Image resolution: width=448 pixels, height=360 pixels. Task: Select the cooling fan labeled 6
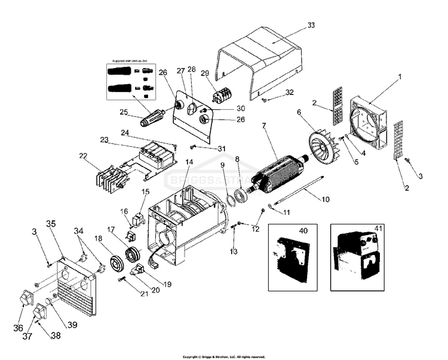point(323,147)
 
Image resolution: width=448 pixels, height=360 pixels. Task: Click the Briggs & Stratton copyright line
point(223,356)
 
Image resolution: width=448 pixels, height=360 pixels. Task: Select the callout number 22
point(83,156)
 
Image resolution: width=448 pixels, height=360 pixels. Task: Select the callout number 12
point(255,229)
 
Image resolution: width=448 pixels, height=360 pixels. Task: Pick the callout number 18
point(97,239)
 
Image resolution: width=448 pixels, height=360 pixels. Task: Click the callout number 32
point(290,93)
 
